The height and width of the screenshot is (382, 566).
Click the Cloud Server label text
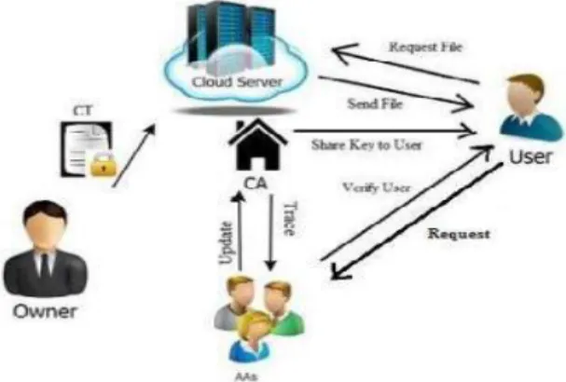click(x=237, y=82)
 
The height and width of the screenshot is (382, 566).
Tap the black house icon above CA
click(x=258, y=144)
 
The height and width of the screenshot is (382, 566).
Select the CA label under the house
click(x=256, y=184)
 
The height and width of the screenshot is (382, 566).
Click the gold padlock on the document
click(x=104, y=164)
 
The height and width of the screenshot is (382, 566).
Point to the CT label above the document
click(x=83, y=111)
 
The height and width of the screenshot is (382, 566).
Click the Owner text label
click(x=45, y=311)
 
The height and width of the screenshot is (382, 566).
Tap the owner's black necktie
click(x=45, y=267)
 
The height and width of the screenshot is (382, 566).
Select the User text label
click(x=531, y=157)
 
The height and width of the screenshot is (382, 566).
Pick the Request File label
click(x=425, y=47)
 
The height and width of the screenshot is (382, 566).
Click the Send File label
click(x=375, y=104)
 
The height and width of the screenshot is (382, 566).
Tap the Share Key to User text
click(x=366, y=145)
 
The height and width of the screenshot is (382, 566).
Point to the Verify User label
click(x=376, y=187)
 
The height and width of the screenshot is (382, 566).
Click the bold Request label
click(x=459, y=234)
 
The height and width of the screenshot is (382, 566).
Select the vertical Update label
click(x=226, y=243)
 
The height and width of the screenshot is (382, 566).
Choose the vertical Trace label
click(x=290, y=219)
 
